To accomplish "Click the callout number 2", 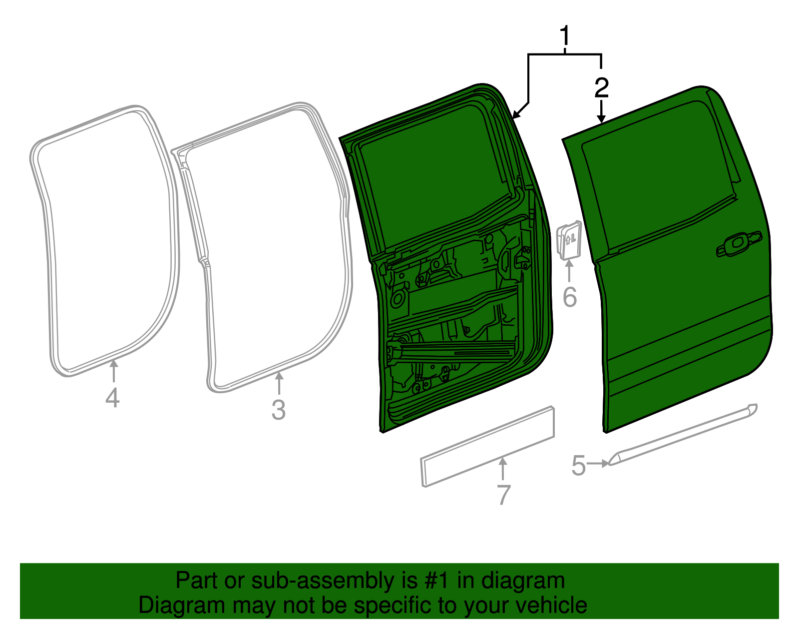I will point(602,88).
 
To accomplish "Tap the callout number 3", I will point(278,410).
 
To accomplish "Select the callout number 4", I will point(112,398).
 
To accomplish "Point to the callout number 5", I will point(578,466).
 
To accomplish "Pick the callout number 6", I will point(569,297).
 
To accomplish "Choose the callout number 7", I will point(503,495).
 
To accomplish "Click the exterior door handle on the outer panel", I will point(739,244).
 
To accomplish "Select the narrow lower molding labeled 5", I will point(684,434).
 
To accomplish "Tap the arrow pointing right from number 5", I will point(598,464).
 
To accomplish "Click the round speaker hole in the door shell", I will point(399,299).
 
